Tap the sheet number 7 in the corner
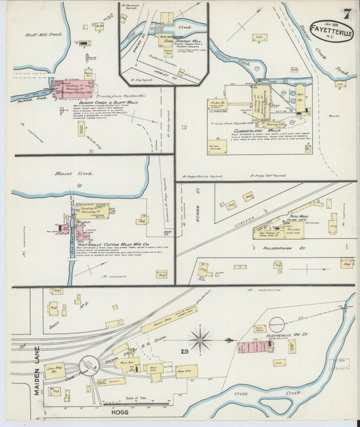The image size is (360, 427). [345, 13]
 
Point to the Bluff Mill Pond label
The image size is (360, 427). [44, 34]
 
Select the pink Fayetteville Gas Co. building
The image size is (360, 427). [253, 348]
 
